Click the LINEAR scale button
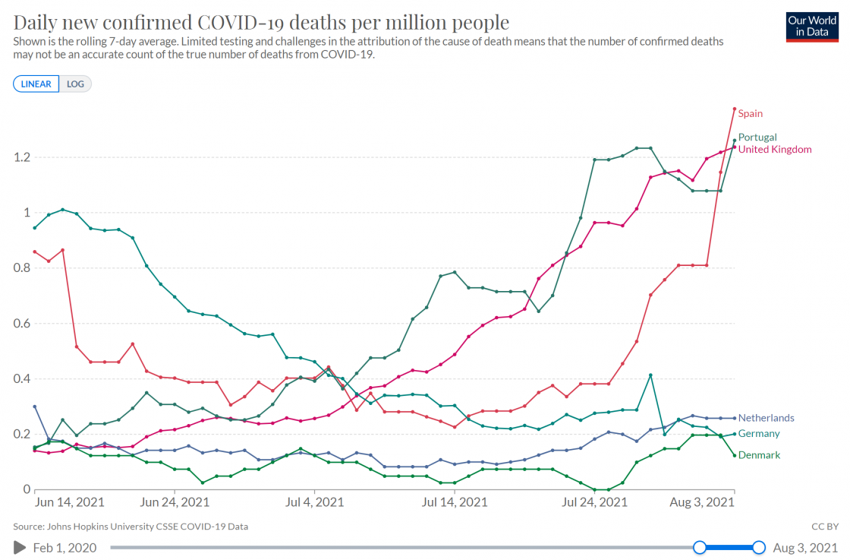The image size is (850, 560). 36,84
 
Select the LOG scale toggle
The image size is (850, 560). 75,84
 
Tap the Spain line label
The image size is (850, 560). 750,114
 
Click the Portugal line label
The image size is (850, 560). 757,138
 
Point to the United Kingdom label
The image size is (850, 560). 774,150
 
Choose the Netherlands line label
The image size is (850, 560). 766,418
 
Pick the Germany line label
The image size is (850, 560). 759,434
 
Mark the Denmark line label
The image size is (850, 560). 759,455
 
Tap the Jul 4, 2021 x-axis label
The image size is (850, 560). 314,502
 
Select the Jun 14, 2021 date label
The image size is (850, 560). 70,502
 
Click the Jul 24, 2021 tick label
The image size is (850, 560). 595,502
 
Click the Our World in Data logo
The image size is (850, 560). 812,27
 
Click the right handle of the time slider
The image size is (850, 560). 759,547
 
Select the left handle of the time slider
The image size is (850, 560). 700,547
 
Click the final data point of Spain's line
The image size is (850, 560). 735,109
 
